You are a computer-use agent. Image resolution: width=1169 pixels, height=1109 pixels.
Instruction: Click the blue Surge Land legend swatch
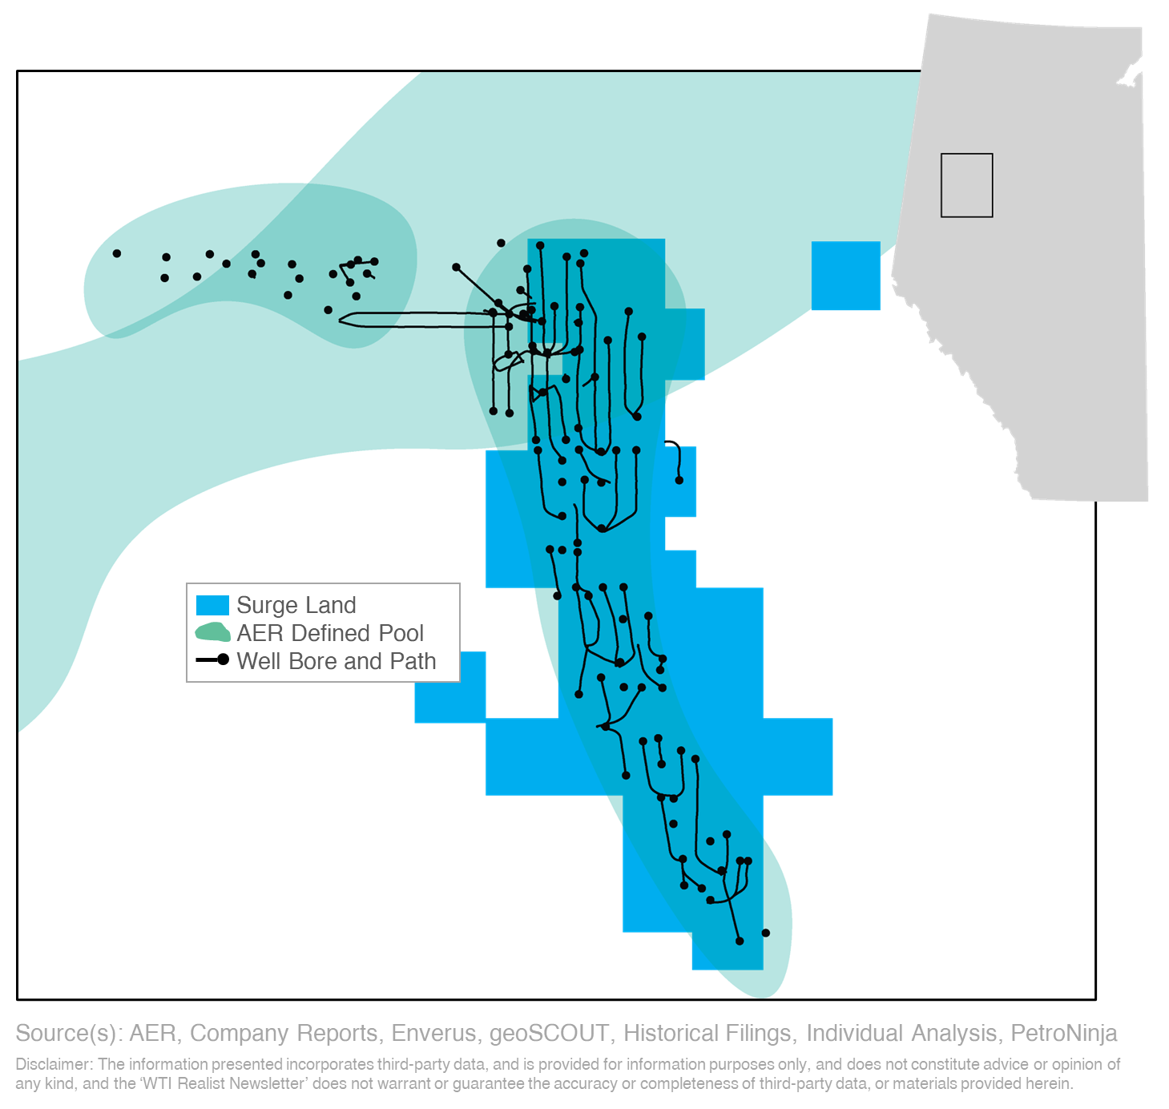click(x=212, y=605)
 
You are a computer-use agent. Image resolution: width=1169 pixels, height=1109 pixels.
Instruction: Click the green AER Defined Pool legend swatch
click(x=212, y=633)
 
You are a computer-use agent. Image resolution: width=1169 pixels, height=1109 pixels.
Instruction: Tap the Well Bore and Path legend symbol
click(x=213, y=660)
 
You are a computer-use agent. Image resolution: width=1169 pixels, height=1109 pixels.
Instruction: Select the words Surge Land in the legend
click(x=296, y=605)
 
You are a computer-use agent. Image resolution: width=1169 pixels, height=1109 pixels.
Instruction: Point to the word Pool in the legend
click(x=401, y=633)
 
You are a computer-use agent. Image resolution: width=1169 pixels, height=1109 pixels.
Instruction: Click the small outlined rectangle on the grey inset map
click(x=966, y=185)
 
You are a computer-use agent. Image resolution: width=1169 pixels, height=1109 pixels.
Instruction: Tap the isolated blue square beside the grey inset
click(x=845, y=276)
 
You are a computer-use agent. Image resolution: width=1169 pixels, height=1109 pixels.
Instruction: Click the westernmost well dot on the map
click(x=117, y=253)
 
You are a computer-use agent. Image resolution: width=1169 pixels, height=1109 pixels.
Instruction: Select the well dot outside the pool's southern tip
click(x=765, y=933)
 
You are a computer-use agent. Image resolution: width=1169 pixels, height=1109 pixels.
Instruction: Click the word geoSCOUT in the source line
click(x=548, y=1034)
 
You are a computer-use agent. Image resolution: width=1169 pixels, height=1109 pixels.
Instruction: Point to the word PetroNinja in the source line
click(x=1063, y=1034)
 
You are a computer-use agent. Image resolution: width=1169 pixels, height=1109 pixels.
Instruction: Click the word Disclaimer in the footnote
click(x=53, y=1064)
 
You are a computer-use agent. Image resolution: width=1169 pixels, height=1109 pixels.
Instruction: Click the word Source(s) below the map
click(x=67, y=1034)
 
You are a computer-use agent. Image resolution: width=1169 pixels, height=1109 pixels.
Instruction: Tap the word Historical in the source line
click(x=667, y=1034)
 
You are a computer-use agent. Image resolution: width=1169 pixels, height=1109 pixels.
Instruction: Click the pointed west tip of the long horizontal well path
click(x=341, y=320)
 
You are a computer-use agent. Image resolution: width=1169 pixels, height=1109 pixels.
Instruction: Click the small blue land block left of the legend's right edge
click(x=449, y=688)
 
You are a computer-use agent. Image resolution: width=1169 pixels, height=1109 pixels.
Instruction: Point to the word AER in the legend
click(x=260, y=633)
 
